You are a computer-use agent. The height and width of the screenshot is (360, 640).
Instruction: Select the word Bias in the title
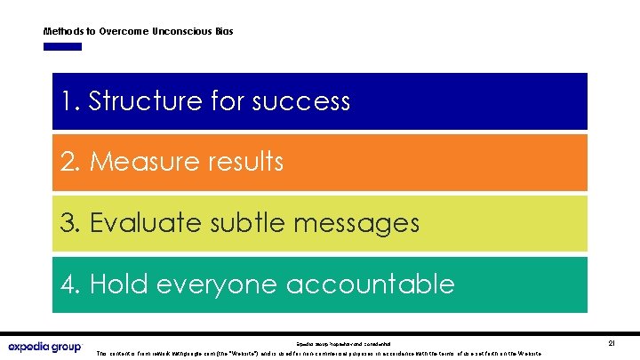224,31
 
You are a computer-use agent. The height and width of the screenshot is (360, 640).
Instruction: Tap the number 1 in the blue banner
68,101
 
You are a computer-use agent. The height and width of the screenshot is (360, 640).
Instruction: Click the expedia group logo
44,347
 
